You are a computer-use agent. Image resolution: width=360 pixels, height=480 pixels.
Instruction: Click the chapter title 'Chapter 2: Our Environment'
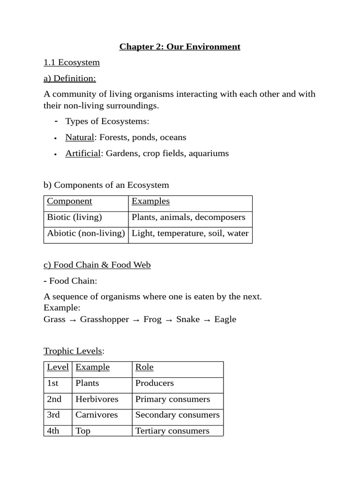[x=180, y=46]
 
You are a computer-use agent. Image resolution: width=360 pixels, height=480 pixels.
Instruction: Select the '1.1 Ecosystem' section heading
[x=71, y=62]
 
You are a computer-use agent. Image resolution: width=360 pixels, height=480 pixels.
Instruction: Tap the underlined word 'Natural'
[x=79, y=137]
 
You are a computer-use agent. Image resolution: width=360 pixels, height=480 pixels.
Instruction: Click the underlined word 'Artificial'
[x=83, y=153]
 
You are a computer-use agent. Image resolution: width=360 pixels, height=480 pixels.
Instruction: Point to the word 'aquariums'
[x=209, y=153]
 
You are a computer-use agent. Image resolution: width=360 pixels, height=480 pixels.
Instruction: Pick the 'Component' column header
[x=69, y=201]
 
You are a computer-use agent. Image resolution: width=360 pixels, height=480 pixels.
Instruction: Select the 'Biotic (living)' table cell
[x=75, y=217]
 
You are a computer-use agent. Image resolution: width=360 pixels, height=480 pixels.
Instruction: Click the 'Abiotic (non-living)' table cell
[x=86, y=233]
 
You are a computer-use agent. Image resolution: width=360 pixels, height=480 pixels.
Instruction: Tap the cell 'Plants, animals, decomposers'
[x=188, y=217]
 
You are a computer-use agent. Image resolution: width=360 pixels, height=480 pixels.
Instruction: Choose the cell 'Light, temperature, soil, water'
[x=190, y=233]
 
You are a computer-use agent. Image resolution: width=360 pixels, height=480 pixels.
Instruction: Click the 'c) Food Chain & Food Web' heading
[x=97, y=265]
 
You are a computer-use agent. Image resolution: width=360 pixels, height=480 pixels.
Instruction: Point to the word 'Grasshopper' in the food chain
[x=104, y=319]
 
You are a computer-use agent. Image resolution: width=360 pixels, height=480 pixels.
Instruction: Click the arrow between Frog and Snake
[x=169, y=320]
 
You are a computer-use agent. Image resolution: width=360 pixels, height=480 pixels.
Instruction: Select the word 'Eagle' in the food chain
[x=225, y=319]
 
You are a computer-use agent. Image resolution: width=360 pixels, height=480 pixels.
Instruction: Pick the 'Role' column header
[x=144, y=367]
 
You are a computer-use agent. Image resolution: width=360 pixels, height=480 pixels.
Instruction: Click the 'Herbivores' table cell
[x=97, y=399]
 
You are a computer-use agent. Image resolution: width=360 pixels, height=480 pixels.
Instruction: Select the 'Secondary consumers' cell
[x=177, y=415]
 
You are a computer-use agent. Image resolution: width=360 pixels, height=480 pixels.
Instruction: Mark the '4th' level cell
[x=53, y=431]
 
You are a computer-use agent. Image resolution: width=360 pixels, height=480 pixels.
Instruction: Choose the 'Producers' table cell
[x=154, y=383]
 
